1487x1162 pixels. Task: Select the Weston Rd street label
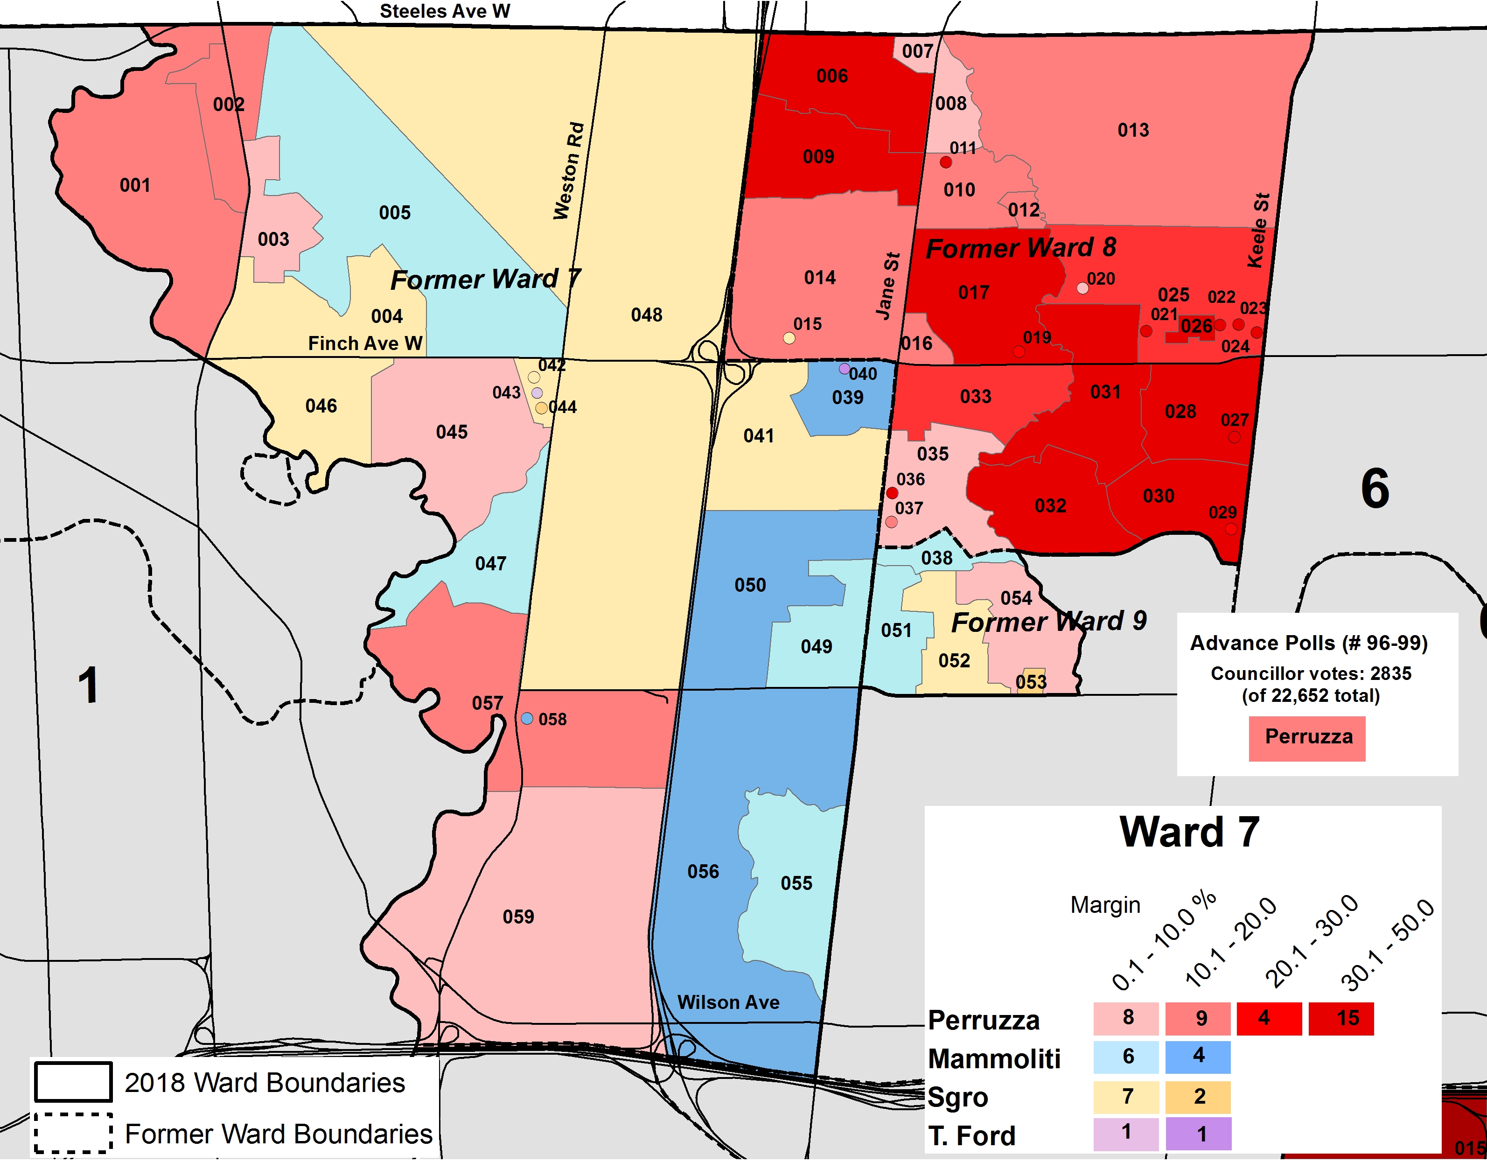point(569,171)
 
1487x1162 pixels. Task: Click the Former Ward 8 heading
point(1020,248)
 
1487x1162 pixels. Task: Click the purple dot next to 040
point(844,369)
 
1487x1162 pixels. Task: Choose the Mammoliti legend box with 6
point(1126,1057)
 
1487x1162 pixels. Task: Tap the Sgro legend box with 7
point(1126,1097)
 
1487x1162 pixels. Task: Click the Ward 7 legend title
point(1189,833)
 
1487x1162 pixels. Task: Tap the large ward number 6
point(1374,489)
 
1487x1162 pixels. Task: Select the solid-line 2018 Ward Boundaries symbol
point(73,1082)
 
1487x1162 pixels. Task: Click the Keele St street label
point(1259,230)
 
